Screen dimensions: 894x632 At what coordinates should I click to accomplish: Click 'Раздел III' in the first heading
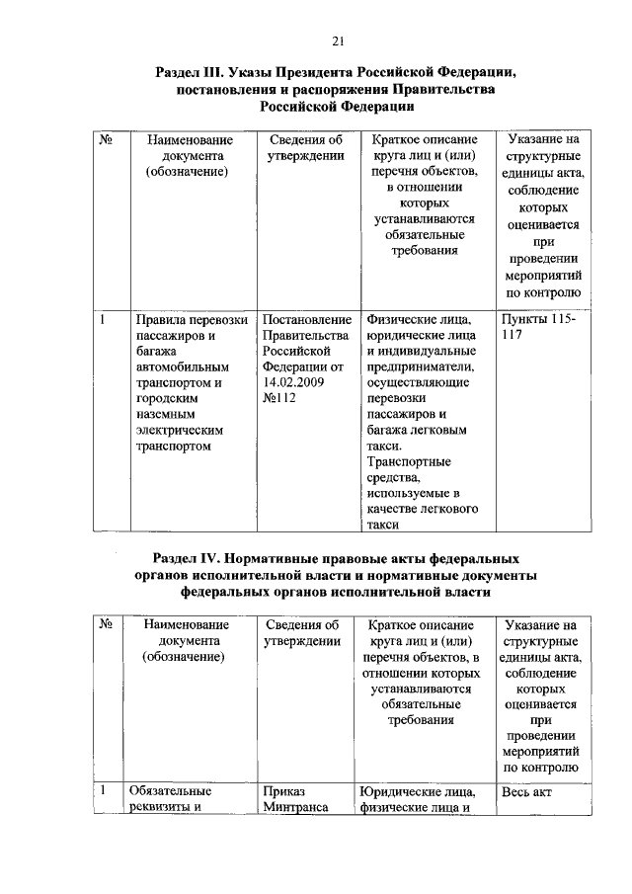(x=190, y=73)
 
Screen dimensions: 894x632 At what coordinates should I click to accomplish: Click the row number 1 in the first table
(x=103, y=319)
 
